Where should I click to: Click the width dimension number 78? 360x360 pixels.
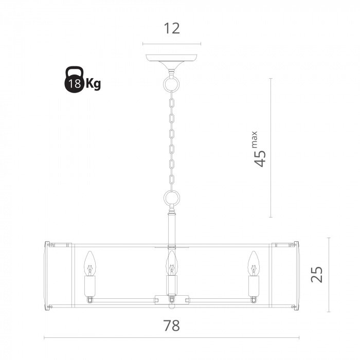[x=171, y=326]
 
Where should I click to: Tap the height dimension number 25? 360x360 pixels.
[x=317, y=275]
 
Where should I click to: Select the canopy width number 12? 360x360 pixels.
[x=171, y=28]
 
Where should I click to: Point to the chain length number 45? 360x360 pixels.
[x=260, y=158]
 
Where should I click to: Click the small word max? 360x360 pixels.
[x=255, y=139]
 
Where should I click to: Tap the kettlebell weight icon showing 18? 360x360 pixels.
[x=74, y=80]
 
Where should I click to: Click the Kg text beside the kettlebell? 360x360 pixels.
[x=93, y=83]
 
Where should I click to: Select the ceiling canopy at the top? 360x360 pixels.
[x=171, y=62]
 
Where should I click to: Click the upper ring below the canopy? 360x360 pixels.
[x=171, y=83]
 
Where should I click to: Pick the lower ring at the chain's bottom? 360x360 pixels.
[x=171, y=198]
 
